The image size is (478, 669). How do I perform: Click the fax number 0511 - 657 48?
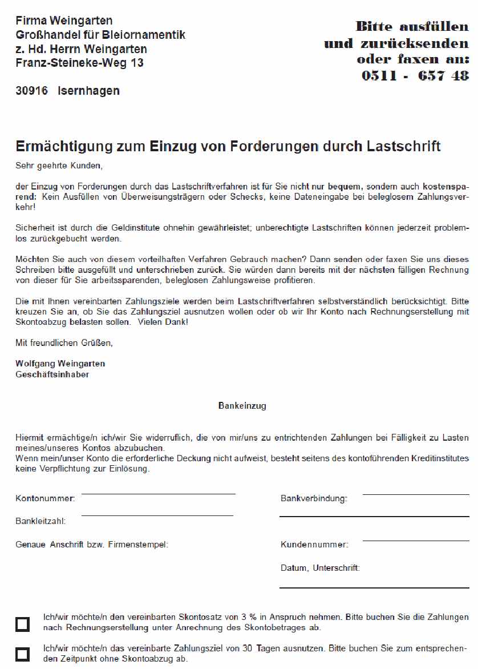[x=415, y=75]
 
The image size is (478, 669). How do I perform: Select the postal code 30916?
[x=32, y=91]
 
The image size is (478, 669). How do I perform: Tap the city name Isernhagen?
[x=88, y=91]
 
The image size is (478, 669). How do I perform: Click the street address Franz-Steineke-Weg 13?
[x=79, y=63]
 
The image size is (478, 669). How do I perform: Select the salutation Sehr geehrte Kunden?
[x=59, y=166]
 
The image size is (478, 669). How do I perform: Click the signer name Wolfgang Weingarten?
[x=60, y=364]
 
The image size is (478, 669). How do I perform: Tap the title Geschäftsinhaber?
[x=52, y=375]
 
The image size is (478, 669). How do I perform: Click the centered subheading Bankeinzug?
[x=242, y=406]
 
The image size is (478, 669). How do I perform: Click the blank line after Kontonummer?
[x=158, y=493]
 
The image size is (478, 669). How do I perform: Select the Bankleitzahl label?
[x=40, y=521]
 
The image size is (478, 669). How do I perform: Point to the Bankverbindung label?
[x=314, y=498]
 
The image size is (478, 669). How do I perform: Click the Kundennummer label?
[x=314, y=545]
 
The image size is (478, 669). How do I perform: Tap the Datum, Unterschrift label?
[x=320, y=568]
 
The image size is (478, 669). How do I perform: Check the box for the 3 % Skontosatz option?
[x=23, y=624]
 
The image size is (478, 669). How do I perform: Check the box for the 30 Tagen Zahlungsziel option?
[x=23, y=654]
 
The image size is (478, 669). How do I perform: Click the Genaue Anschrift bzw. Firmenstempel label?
[x=92, y=545]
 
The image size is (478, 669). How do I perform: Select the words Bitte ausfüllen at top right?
[x=412, y=26]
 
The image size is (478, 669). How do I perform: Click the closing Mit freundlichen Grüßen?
[x=64, y=343]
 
